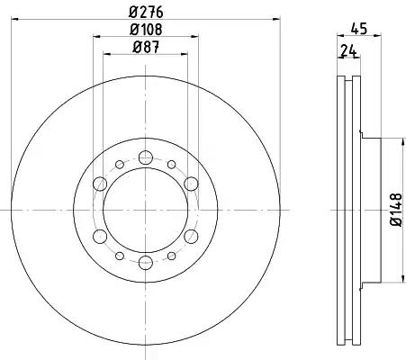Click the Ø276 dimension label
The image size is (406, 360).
coord(146,13)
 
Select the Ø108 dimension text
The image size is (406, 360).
coord(146,30)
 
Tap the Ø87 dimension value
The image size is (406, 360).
coord(146,47)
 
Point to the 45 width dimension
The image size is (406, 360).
coord(358,29)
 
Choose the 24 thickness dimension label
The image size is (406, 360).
coord(348,51)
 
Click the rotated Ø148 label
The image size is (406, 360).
coord(395,210)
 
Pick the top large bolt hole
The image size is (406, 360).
coord(146,157)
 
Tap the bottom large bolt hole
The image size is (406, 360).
coord(146,263)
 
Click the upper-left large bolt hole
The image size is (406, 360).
coord(100,184)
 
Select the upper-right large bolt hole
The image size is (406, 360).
coord(191,184)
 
